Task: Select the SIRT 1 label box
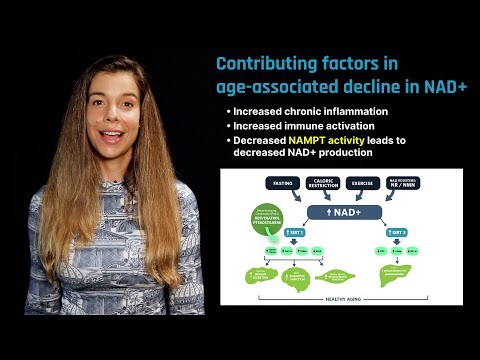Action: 295,232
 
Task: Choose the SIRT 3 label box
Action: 397,232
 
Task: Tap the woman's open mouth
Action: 110,136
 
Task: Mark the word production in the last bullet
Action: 348,157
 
